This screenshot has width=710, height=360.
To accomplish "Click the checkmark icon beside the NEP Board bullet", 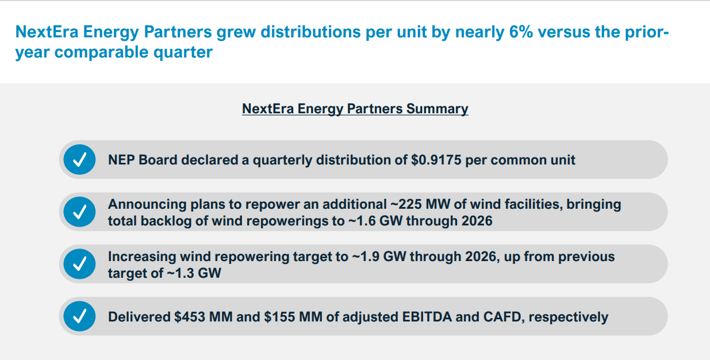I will [x=80, y=160].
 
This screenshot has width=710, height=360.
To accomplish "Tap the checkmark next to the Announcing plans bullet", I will [x=80, y=212].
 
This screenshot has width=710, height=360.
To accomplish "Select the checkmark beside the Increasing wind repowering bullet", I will [x=80, y=265].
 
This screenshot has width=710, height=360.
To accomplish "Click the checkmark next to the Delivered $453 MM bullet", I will [x=80, y=316].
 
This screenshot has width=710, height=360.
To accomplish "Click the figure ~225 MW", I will [x=416, y=204].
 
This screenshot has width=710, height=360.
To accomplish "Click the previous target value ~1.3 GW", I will [x=194, y=273].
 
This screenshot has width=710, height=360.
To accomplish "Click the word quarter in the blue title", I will [x=181, y=52].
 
